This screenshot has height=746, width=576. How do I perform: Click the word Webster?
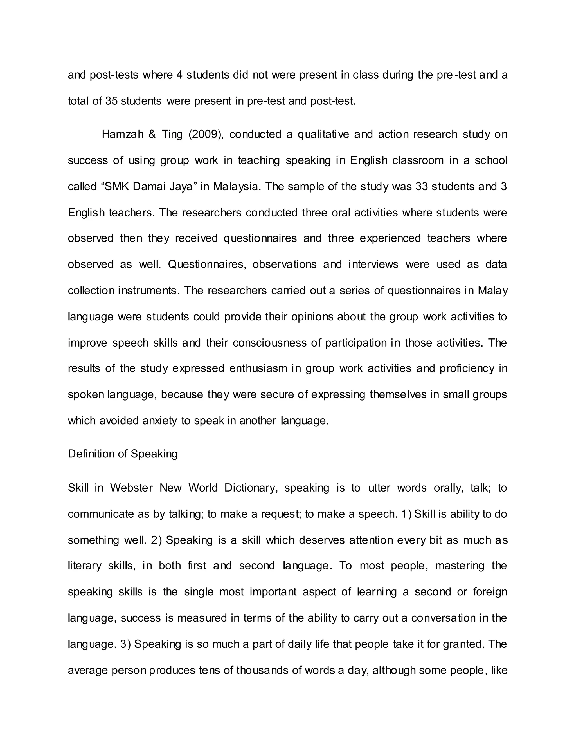131,488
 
